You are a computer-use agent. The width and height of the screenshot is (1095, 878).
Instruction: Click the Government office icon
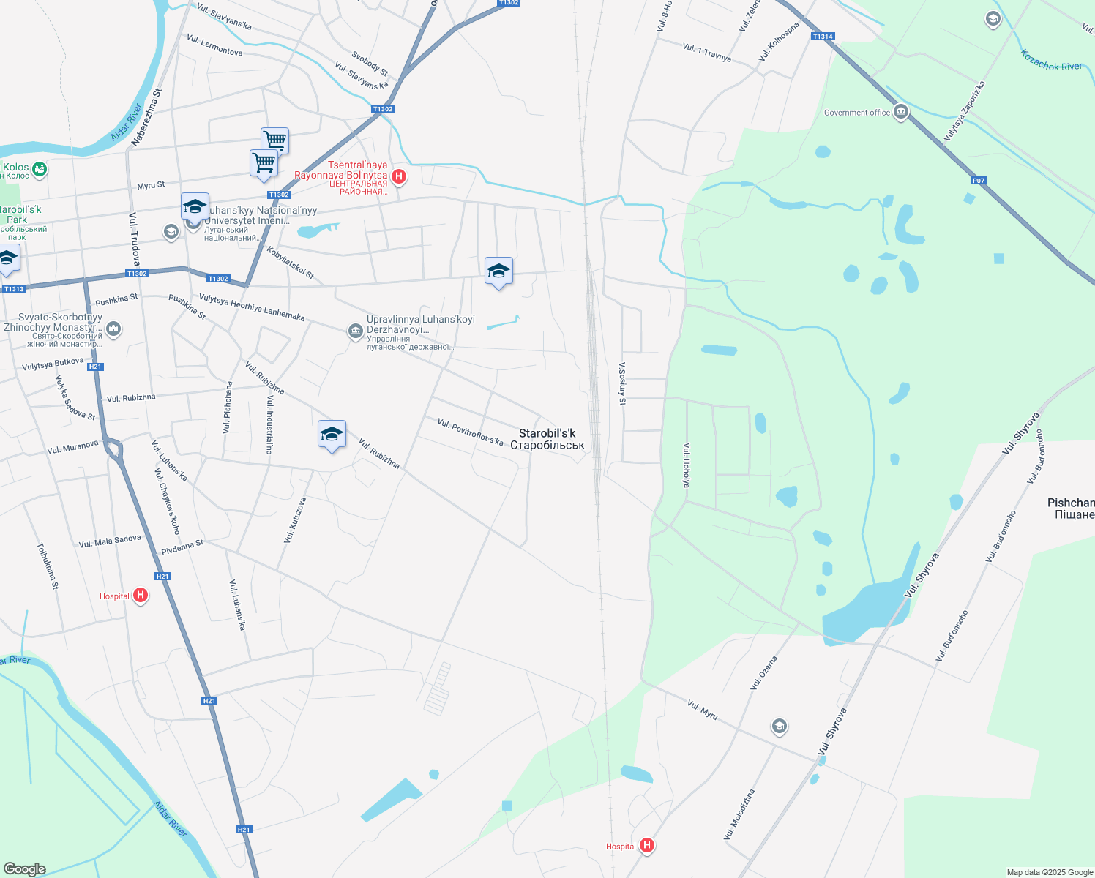(901, 113)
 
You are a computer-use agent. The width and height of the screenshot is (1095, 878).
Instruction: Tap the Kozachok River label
(1051, 61)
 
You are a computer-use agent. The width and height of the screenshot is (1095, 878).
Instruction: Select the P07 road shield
(979, 181)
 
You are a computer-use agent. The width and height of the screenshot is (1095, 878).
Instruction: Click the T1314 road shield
(823, 37)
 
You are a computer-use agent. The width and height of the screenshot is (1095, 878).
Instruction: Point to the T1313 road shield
(14, 289)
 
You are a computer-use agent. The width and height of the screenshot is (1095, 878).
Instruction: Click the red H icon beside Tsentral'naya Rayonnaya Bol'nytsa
(399, 176)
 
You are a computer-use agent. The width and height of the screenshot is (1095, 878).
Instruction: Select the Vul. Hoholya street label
(686, 465)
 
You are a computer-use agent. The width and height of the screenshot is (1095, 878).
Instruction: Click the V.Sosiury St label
(622, 383)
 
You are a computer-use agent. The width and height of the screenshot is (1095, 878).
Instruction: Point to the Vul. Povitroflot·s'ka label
(470, 432)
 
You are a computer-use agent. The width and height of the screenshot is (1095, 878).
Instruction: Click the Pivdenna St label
(182, 546)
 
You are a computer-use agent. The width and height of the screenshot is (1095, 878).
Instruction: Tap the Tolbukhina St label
(47, 566)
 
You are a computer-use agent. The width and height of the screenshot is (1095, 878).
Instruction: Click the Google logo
(24, 869)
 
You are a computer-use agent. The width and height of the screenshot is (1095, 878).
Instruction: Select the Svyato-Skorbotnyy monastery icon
(113, 330)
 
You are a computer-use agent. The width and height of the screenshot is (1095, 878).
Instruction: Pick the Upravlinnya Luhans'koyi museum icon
(356, 332)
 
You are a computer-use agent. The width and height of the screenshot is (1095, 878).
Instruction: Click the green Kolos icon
(40, 170)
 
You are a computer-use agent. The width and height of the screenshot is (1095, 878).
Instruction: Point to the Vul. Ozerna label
(763, 673)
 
